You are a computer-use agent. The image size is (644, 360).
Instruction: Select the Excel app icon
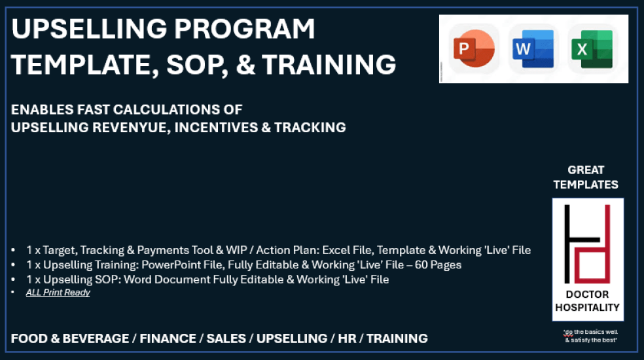tap(592, 49)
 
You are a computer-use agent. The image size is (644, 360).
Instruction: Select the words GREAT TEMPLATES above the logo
tap(586, 177)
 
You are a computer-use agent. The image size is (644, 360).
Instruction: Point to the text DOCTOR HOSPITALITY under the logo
tap(587, 300)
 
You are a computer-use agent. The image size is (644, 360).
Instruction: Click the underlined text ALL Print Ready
tap(58, 293)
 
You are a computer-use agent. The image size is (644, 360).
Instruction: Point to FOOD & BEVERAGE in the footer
tap(70, 338)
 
